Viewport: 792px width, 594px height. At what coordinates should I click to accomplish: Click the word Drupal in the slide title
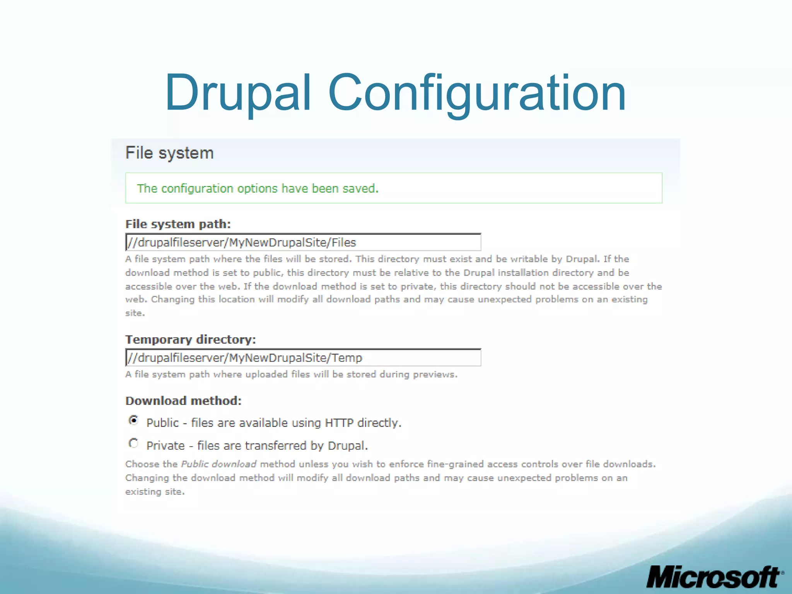pyautogui.click(x=237, y=93)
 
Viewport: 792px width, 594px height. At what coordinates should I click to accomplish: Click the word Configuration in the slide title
pyautogui.click(x=476, y=93)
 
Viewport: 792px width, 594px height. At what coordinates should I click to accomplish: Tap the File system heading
pyautogui.click(x=169, y=153)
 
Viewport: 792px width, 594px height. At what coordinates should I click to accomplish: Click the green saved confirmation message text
pyautogui.click(x=258, y=188)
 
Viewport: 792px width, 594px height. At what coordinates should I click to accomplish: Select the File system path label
pyautogui.click(x=178, y=224)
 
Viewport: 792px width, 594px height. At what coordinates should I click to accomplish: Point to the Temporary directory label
pyautogui.click(x=190, y=340)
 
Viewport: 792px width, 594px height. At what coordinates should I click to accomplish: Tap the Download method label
pyautogui.click(x=183, y=401)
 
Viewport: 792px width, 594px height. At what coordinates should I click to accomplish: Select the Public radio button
pyautogui.click(x=133, y=420)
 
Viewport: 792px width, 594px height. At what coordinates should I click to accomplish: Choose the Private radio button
pyautogui.click(x=133, y=443)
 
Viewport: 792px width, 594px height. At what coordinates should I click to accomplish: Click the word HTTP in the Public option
pyautogui.click(x=339, y=423)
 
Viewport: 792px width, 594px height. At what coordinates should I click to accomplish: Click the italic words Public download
pyautogui.click(x=219, y=464)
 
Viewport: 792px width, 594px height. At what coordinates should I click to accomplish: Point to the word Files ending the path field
pyautogui.click(x=344, y=242)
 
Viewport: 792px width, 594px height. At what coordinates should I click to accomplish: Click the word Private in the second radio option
pyautogui.click(x=165, y=446)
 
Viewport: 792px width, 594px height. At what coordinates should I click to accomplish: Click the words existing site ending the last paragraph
pyautogui.click(x=155, y=492)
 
